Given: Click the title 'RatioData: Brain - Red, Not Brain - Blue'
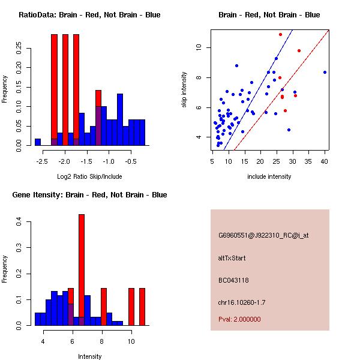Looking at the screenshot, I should (x=89, y=15).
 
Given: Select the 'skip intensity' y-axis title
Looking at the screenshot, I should (x=185, y=90).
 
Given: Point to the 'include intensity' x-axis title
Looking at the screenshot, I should (x=269, y=176).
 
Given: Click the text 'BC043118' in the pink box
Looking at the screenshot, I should (x=233, y=280).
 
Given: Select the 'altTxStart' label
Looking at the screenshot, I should (x=232, y=258).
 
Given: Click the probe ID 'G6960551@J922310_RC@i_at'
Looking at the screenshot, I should (x=263, y=236).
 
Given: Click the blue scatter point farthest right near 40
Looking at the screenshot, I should (x=325, y=72).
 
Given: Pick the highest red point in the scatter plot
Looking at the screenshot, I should (x=280, y=34).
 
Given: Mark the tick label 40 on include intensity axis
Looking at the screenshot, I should (x=325, y=160).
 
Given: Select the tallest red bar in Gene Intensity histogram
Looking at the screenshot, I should (x=82, y=269).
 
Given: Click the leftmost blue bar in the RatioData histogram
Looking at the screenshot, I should (x=38, y=142).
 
